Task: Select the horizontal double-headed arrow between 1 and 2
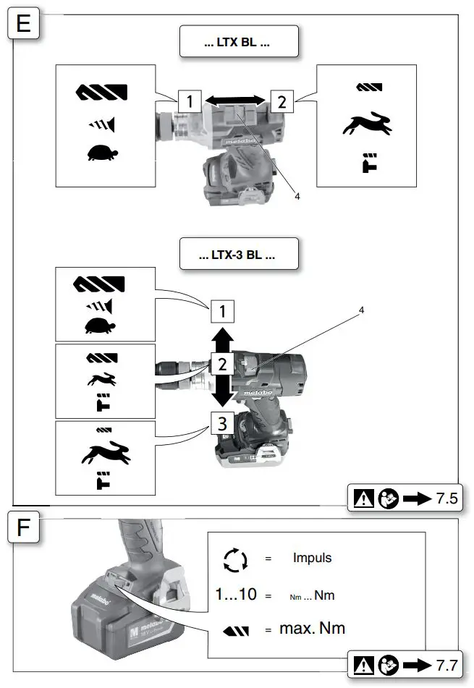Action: [229, 101]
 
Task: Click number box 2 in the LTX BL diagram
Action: [281, 101]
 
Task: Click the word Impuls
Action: [311, 559]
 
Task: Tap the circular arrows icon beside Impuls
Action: [236, 559]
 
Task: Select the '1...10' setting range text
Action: [236, 595]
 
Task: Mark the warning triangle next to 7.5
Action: [364, 498]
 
